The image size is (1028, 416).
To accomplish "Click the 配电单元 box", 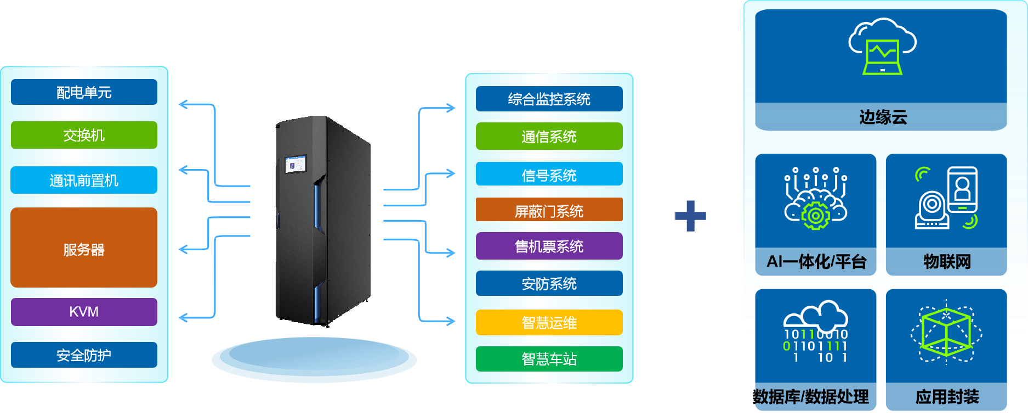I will click(x=84, y=92).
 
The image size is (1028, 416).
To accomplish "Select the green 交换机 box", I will click(x=84, y=135).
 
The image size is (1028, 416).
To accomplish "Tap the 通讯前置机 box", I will click(x=84, y=180).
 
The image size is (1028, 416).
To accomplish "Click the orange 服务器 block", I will click(x=84, y=248).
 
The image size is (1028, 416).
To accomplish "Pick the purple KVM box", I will click(x=84, y=312).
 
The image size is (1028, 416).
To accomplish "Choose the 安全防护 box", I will click(x=84, y=355).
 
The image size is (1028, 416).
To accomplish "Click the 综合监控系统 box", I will click(x=549, y=99).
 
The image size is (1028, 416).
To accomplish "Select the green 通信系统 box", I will click(x=549, y=136).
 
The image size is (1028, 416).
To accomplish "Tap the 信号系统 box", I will click(x=549, y=175).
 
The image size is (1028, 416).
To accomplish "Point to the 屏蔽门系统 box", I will click(x=549, y=210).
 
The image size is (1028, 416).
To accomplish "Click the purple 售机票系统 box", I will click(x=549, y=246).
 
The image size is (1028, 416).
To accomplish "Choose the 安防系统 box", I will click(x=549, y=284).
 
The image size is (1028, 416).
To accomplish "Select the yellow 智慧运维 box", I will click(x=549, y=323).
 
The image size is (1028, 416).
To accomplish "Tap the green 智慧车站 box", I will click(x=549, y=359).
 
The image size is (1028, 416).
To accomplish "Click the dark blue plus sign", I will click(x=690, y=216).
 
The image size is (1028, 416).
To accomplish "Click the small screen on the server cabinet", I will click(x=296, y=164).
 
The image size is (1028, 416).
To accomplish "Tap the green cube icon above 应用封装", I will click(x=946, y=333).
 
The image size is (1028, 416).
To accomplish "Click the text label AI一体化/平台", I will click(x=816, y=262).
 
